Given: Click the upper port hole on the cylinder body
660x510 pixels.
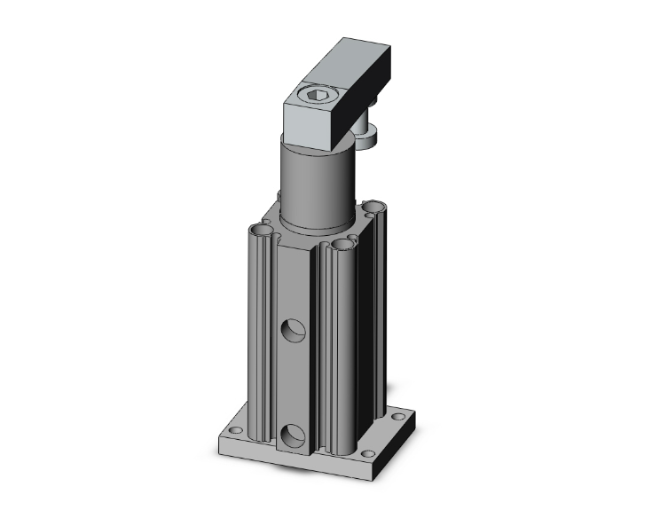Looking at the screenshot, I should point(294,331).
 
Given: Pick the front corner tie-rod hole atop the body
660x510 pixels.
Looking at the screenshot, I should point(343,245).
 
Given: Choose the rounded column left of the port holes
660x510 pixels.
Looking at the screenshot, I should point(263,337).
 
